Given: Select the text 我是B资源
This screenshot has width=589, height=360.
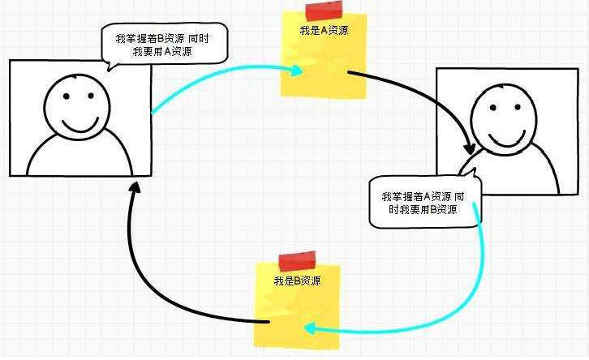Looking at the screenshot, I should coord(296,281).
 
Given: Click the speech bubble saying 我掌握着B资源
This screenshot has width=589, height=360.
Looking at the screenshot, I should coord(163,44).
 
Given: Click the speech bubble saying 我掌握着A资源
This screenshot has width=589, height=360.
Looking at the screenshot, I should coord(423,203).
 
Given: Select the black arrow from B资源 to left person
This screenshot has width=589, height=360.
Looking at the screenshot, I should coord(162,276).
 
